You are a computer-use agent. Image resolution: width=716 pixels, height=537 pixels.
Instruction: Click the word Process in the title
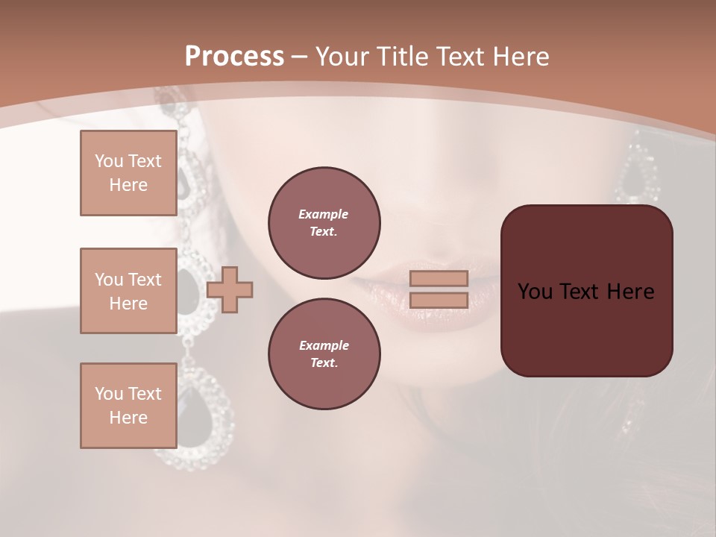pyautogui.click(x=234, y=57)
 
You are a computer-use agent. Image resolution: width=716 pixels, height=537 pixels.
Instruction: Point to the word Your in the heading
pyautogui.click(x=342, y=57)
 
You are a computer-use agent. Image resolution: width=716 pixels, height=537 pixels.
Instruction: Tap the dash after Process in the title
pyautogui.click(x=300, y=57)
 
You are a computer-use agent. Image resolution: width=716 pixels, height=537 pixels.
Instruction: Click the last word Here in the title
pyautogui.click(x=521, y=57)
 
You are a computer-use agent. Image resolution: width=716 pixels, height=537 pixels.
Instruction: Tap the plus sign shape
pyautogui.click(x=230, y=290)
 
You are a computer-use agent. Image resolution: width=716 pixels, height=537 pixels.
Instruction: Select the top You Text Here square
pyautogui.click(x=128, y=173)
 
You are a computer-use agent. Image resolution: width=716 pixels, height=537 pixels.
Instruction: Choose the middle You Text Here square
pyautogui.click(x=128, y=291)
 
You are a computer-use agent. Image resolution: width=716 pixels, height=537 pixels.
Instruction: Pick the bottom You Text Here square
pyautogui.click(x=128, y=406)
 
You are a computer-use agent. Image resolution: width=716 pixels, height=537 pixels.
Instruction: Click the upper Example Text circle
pyautogui.click(x=324, y=223)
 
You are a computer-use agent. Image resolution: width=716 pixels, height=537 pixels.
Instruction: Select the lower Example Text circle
pyautogui.click(x=324, y=354)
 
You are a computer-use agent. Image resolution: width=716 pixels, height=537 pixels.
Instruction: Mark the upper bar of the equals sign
pyautogui.click(x=439, y=278)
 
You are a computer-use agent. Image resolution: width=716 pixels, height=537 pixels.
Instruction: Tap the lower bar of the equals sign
pyautogui.click(x=439, y=301)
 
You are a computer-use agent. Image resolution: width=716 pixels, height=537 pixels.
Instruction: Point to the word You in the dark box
pyautogui.click(x=534, y=292)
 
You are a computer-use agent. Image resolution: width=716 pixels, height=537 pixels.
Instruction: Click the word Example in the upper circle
pyautogui.click(x=324, y=214)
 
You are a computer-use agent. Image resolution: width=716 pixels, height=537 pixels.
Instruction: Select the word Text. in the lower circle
pyautogui.click(x=324, y=363)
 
